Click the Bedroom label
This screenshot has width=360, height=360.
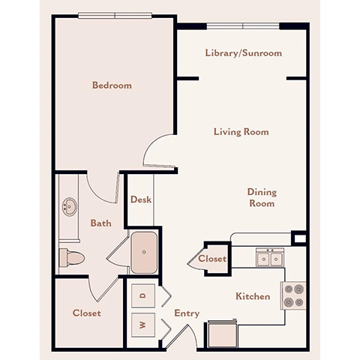point(112,85)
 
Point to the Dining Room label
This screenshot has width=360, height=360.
point(261,197)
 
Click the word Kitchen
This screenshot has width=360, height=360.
point(253,296)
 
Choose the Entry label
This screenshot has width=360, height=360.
point(187,313)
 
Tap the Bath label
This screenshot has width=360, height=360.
point(101,223)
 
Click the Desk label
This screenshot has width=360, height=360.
point(141,200)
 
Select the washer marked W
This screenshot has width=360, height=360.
point(142,325)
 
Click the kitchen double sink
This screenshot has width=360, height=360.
point(269,259)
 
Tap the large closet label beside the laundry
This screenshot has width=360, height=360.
point(87,313)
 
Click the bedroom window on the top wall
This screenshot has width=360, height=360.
point(115,14)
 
